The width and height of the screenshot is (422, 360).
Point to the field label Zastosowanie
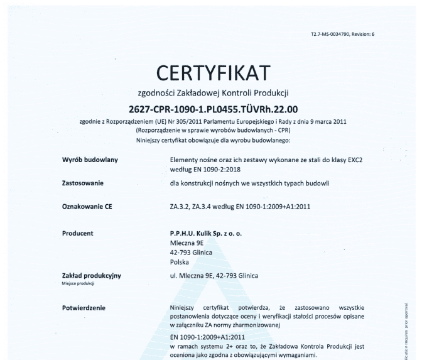coord(79,183)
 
